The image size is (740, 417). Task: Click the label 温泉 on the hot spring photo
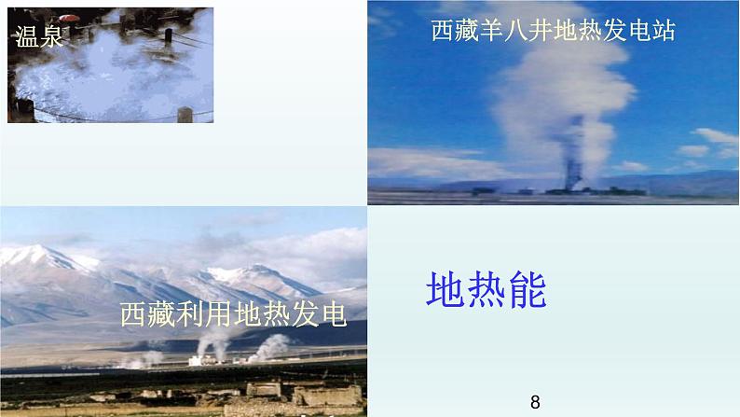point(34,37)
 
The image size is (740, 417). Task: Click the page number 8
point(535,402)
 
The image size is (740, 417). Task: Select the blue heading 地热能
point(486,289)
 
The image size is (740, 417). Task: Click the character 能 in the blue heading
point(526,289)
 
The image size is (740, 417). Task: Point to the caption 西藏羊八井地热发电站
point(553,32)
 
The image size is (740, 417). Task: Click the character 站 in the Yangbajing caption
point(663,32)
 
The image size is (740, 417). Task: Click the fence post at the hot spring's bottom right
point(185,114)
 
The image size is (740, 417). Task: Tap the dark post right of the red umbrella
point(169,35)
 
